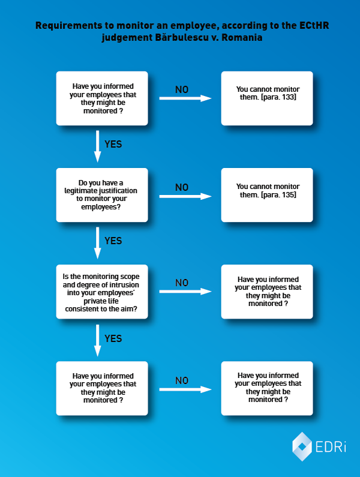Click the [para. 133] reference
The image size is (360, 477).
[x=278, y=97]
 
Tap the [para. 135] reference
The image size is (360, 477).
[x=278, y=194]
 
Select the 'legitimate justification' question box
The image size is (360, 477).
[x=102, y=195]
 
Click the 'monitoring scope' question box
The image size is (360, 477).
[x=102, y=292]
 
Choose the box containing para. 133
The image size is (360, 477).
[x=267, y=98]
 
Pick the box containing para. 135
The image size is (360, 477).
[x=267, y=195]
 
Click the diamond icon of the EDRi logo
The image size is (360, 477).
[x=302, y=446]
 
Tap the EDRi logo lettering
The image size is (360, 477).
[x=331, y=447]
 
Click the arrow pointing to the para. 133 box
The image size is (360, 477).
[x=185, y=98]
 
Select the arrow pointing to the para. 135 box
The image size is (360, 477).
[x=185, y=196]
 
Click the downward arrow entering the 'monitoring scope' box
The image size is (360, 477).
[x=97, y=243]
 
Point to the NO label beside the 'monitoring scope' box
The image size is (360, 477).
[x=182, y=283]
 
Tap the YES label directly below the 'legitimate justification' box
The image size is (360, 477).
[x=113, y=241]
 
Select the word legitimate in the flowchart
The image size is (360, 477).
[x=80, y=191]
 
